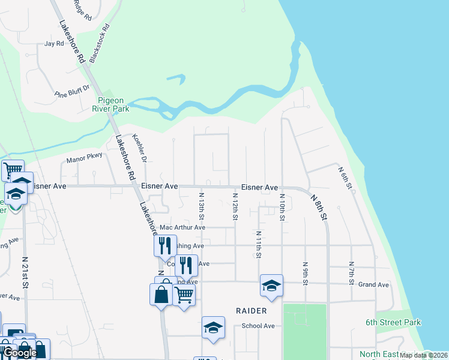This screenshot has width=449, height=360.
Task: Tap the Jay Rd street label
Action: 54,44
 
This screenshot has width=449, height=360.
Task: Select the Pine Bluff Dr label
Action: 71,91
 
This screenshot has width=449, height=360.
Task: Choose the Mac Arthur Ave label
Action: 182,228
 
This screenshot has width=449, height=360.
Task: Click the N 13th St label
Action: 202,206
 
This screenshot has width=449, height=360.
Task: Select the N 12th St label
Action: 235,206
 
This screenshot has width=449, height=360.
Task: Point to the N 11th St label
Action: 258,244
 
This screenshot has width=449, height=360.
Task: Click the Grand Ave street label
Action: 373,285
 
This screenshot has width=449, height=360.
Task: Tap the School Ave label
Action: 258,326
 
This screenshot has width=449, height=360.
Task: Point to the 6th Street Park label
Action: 393,322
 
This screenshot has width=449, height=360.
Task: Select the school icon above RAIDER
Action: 271,285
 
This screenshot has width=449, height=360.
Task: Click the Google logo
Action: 19,353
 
